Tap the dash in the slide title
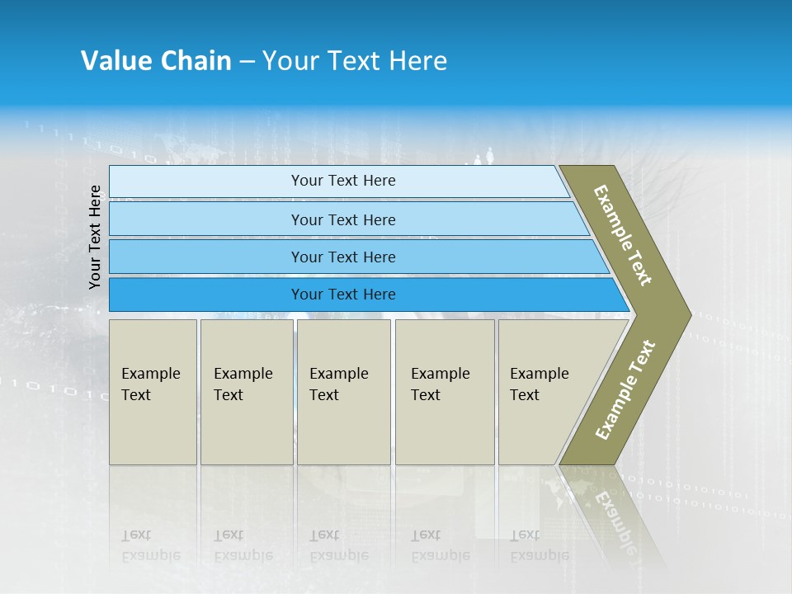pos(247,62)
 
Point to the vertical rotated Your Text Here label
pos(95,237)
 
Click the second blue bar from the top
pos(343,219)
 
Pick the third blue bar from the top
pos(343,257)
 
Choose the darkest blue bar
pos(343,295)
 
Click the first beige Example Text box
pos(153,391)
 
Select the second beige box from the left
pos(246,391)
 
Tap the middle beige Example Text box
pos(343,391)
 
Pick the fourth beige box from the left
pos(445,391)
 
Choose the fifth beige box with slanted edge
pos(544,391)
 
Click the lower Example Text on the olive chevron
pos(625,389)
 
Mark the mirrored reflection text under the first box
pos(151,545)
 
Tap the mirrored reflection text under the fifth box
pos(539,545)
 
